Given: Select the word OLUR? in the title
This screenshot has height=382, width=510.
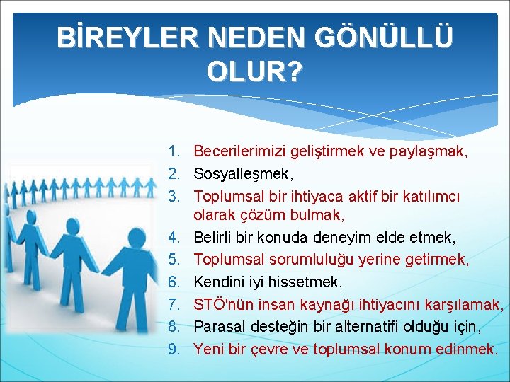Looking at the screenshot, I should [x=255, y=71].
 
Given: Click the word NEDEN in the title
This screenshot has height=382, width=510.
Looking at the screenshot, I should [x=253, y=37].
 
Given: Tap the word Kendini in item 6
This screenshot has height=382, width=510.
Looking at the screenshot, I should [x=219, y=283].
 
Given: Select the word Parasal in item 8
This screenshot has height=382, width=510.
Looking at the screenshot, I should [x=220, y=327].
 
